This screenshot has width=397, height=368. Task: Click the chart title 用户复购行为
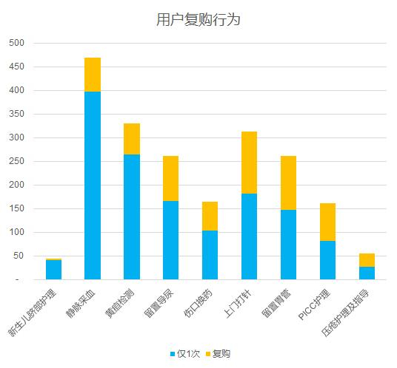[x=198, y=20]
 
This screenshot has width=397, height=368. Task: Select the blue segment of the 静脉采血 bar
[x=93, y=185]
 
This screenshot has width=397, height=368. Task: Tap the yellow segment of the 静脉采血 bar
[x=93, y=75]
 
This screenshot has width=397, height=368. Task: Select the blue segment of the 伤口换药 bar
[x=210, y=255]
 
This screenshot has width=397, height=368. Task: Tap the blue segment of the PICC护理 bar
[x=327, y=260]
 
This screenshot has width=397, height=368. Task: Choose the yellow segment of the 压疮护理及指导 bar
[x=367, y=260]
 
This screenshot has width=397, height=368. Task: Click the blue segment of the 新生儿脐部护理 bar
[x=53, y=270]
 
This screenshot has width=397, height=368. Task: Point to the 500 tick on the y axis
[x=17, y=43]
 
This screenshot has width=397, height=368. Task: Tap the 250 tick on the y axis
[x=17, y=161]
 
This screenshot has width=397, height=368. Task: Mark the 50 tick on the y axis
[x=19, y=256]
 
